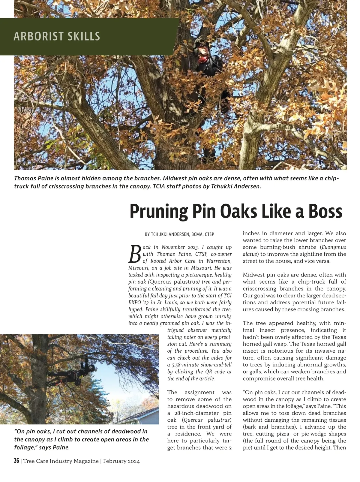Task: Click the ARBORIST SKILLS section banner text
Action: pyautogui.click(x=57, y=36)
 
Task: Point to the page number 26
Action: pyautogui.click(x=16, y=461)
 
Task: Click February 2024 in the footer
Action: pyautogui.click(x=121, y=461)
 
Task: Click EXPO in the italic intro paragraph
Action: pyautogui.click(x=136, y=303)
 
